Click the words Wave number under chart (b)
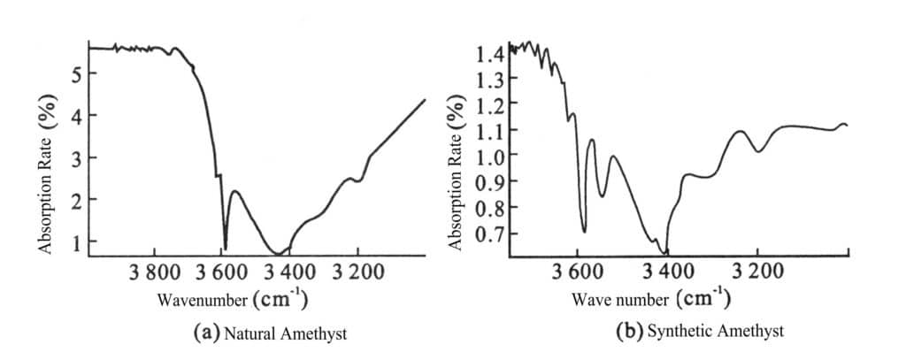click(621, 300)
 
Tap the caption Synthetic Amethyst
click(716, 332)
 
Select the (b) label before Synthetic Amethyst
click(628, 332)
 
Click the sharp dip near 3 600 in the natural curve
click(226, 248)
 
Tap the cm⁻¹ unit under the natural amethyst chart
click(280, 298)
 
